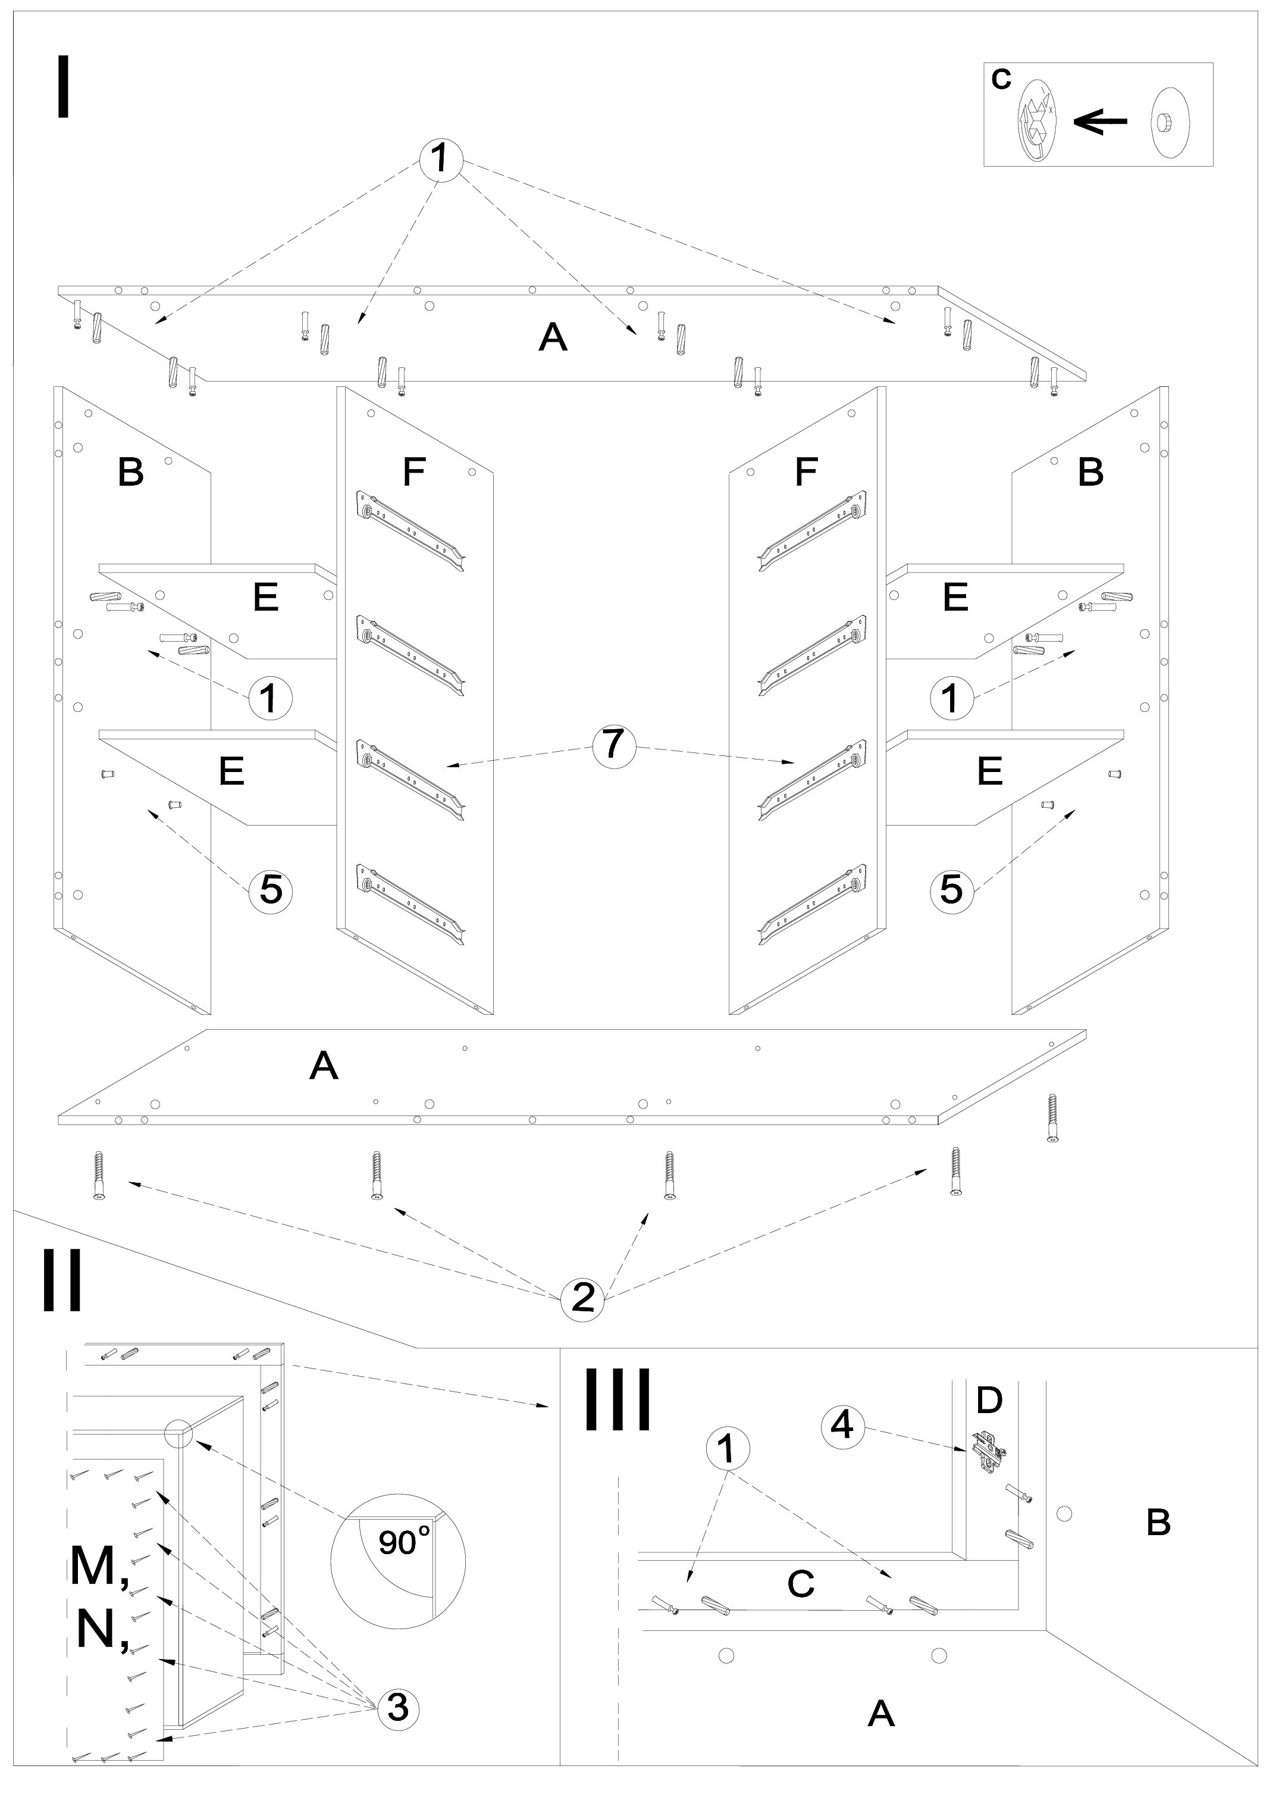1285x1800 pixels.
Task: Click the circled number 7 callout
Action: click(x=615, y=746)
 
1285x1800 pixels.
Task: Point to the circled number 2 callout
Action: click(x=582, y=1298)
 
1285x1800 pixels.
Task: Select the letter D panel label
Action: click(x=989, y=1400)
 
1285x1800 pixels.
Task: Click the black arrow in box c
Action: click(x=1101, y=121)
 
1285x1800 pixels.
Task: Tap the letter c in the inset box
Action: click(x=1001, y=79)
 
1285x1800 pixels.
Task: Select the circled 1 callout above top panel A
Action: click(x=440, y=159)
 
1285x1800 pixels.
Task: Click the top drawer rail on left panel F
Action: click(x=412, y=529)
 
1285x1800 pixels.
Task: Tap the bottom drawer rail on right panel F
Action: click(x=812, y=904)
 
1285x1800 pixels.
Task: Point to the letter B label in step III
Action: click(x=1158, y=1522)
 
